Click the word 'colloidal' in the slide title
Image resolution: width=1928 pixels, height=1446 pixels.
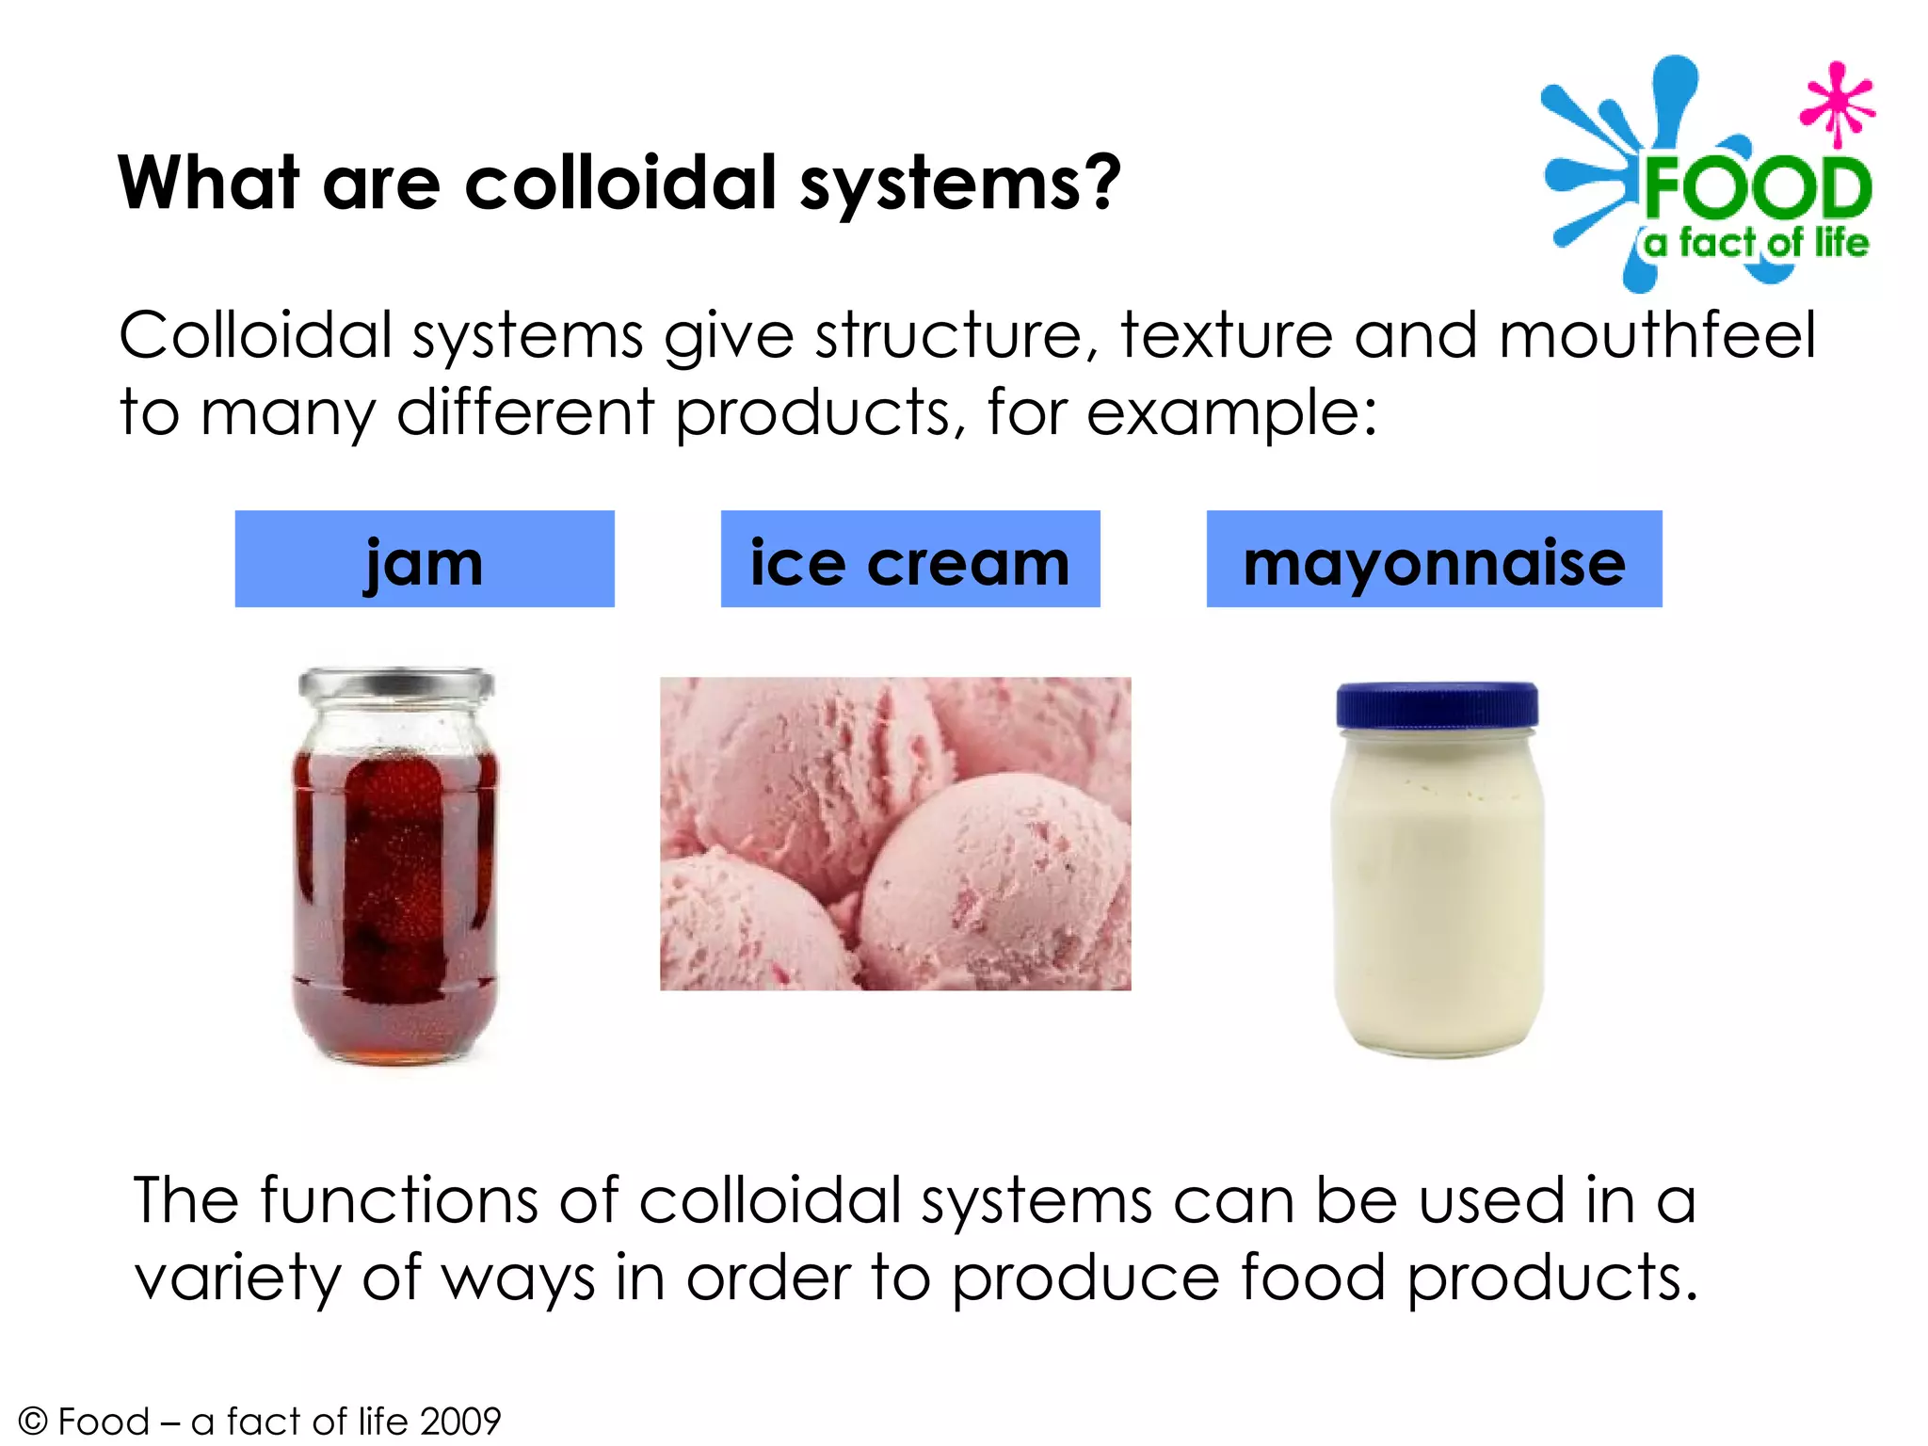click(x=621, y=183)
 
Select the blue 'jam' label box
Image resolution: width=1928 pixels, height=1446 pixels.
click(x=425, y=559)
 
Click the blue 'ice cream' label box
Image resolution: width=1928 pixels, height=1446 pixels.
click(x=910, y=559)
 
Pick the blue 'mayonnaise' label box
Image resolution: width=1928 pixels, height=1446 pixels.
click(x=1434, y=559)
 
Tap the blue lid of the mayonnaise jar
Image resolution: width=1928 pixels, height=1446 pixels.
click(x=1437, y=705)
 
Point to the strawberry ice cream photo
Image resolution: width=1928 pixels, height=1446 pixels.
click(x=895, y=834)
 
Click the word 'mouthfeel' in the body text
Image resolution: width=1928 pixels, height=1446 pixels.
click(x=1657, y=336)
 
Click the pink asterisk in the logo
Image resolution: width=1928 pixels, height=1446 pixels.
click(x=1837, y=104)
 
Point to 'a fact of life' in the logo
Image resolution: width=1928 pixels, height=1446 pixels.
click(x=1756, y=243)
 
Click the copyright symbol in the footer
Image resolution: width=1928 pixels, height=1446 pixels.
click(x=33, y=1422)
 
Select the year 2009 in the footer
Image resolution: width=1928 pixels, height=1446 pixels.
click(x=460, y=1422)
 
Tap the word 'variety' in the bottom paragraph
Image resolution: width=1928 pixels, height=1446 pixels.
click(x=237, y=1278)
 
